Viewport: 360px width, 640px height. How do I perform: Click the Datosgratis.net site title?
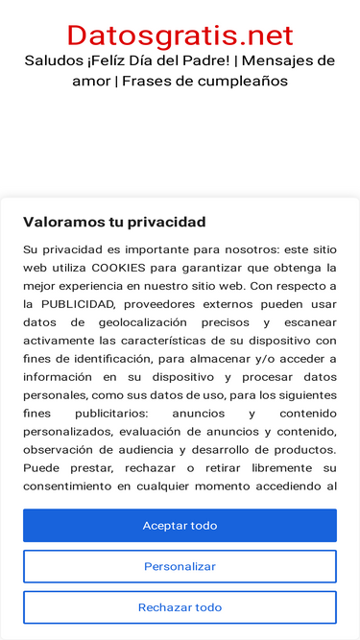(x=180, y=36)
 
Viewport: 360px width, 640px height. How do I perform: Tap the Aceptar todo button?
(x=180, y=526)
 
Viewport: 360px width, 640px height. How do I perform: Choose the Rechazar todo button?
(x=180, y=607)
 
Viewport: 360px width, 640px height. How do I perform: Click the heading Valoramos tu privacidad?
(x=114, y=222)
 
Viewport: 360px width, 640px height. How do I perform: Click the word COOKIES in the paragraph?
(x=119, y=268)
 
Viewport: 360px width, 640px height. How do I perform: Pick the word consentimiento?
(x=68, y=486)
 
